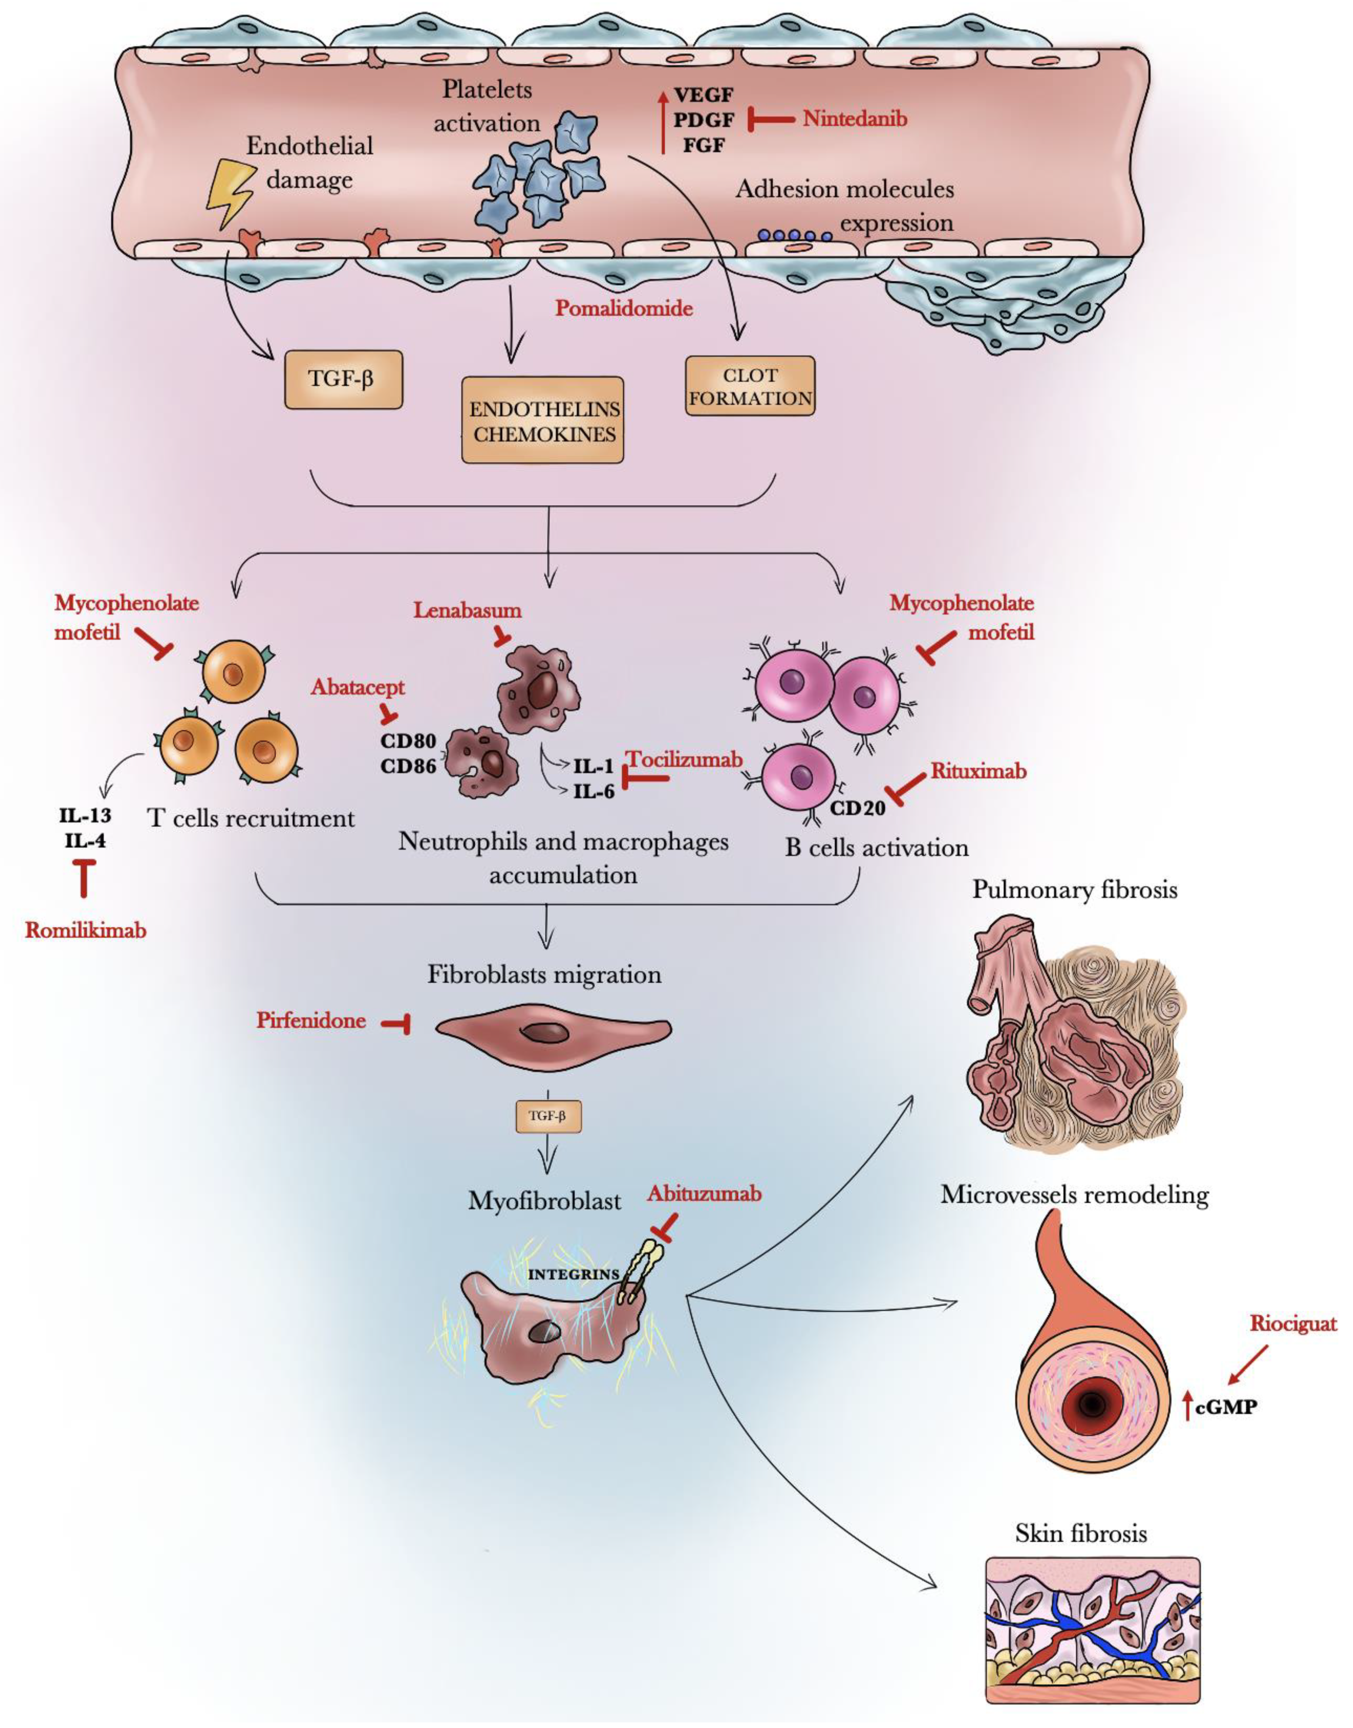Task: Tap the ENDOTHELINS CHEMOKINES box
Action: click(543, 421)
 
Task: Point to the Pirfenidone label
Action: click(311, 1020)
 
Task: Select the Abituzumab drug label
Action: click(704, 1194)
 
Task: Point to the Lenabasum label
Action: click(467, 610)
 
